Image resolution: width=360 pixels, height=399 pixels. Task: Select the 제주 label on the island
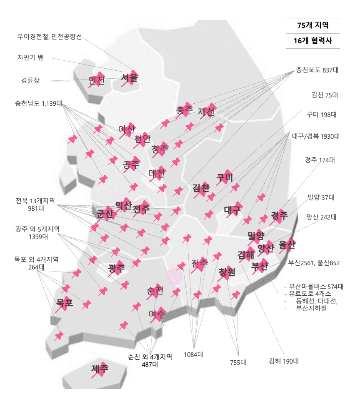100,369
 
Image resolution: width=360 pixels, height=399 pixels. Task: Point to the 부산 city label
259,266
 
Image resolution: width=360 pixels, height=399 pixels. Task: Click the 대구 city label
232,210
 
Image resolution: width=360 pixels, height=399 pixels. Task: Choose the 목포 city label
65,302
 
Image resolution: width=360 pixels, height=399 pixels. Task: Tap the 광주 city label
116,268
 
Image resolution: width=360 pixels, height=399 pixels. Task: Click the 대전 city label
157,173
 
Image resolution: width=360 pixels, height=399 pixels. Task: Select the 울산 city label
287,245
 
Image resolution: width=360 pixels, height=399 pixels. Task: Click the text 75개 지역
313,25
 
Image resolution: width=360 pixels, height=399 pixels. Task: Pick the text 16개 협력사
313,41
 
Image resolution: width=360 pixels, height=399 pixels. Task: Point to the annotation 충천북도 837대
317,70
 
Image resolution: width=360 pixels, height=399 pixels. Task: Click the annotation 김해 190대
284,361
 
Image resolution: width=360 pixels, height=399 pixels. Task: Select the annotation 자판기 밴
30,57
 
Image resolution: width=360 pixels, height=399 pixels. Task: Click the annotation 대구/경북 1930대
316,136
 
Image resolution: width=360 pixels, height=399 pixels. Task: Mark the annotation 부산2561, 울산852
314,263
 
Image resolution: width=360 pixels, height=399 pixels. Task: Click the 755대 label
238,362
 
